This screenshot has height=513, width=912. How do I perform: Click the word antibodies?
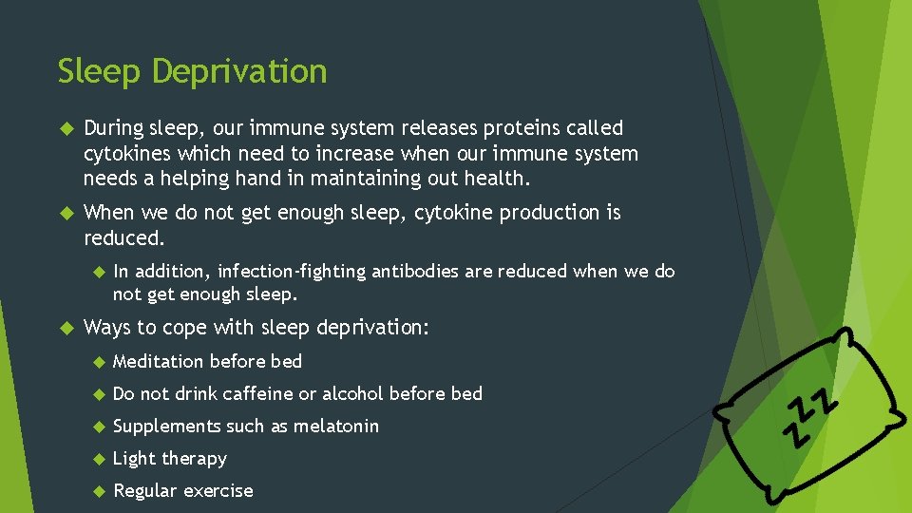click(x=416, y=272)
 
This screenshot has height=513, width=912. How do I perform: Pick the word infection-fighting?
click(x=292, y=272)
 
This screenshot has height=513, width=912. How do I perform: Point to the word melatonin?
click(x=335, y=427)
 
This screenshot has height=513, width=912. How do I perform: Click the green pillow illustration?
click(x=812, y=408)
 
